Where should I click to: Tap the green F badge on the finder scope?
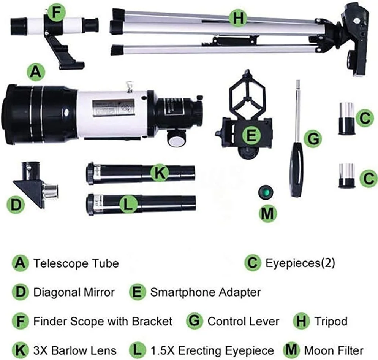click(x=56, y=13)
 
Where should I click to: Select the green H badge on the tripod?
click(x=238, y=18)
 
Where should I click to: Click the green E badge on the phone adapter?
click(x=251, y=135)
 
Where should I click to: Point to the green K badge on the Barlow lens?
click(x=159, y=172)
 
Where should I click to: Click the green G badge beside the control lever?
click(x=313, y=139)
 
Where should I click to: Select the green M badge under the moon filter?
click(x=267, y=214)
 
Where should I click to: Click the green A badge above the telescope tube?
click(x=36, y=72)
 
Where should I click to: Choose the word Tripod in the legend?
click(x=331, y=321)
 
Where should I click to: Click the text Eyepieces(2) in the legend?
click(x=301, y=263)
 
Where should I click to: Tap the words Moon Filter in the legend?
click(x=334, y=350)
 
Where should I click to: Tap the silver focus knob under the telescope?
click(x=177, y=141)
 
